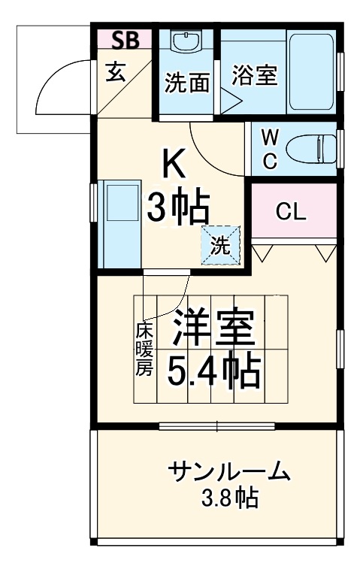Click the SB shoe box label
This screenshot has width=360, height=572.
tap(125, 40)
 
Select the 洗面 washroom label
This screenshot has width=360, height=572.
tap(186, 83)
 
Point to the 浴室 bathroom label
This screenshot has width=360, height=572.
tap(255, 75)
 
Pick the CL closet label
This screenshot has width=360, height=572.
tap(291, 212)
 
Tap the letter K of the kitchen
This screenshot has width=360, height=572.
tap(175, 163)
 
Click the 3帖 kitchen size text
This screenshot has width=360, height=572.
tap(177, 207)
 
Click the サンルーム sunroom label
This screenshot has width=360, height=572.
tap(228, 472)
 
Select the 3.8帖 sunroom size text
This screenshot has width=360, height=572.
tap(228, 498)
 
